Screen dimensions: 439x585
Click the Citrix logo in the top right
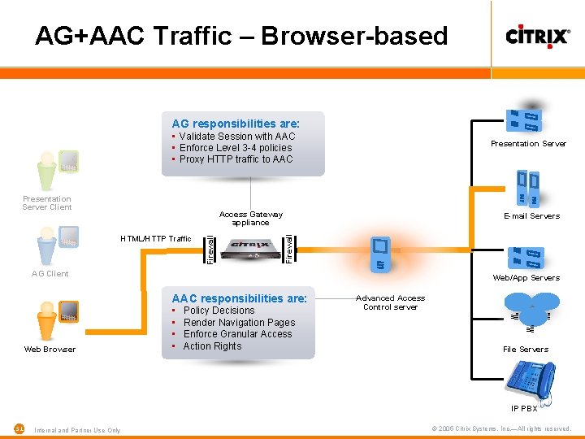537,36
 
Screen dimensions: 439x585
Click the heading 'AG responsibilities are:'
236,124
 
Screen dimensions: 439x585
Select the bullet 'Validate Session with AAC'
236,137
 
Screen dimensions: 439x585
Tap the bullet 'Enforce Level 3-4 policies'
235,148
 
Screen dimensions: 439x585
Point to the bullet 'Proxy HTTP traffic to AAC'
236,159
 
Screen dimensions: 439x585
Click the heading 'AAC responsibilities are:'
239,298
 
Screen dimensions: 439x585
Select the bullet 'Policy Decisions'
219,311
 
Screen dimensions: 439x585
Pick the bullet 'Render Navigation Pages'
239,323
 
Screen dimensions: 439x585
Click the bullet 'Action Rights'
212,346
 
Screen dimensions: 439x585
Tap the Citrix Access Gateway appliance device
250,247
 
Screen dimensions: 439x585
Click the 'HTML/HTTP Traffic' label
155,239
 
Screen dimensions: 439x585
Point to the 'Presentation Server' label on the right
528,144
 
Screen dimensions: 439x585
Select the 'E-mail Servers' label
531,216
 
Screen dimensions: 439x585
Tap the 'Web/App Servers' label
526,278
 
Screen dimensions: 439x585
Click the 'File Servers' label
525,350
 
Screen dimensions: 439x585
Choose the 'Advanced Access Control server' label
390,302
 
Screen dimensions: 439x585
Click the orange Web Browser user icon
49,320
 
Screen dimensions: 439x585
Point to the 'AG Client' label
50,274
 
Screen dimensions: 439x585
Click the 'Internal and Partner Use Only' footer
78,430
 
